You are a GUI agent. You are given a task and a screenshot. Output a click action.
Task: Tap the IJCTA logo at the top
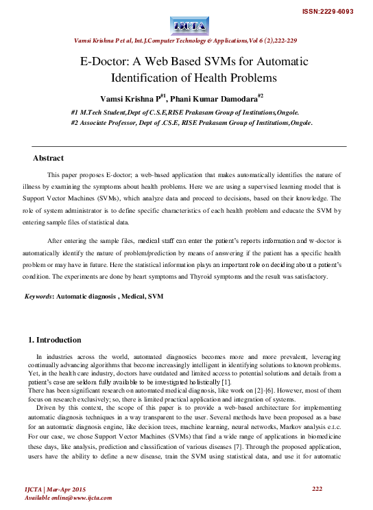pyautogui.click(x=186, y=27)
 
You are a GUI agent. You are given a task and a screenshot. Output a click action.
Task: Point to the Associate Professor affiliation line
pyautogui.click(x=191, y=124)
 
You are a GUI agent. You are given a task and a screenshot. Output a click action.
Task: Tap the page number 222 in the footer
pyautogui.click(x=317, y=488)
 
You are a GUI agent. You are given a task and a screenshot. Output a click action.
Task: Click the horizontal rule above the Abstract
pyautogui.click(x=186, y=146)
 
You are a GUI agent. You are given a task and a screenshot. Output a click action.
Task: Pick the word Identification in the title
pyautogui.click(x=156, y=78)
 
